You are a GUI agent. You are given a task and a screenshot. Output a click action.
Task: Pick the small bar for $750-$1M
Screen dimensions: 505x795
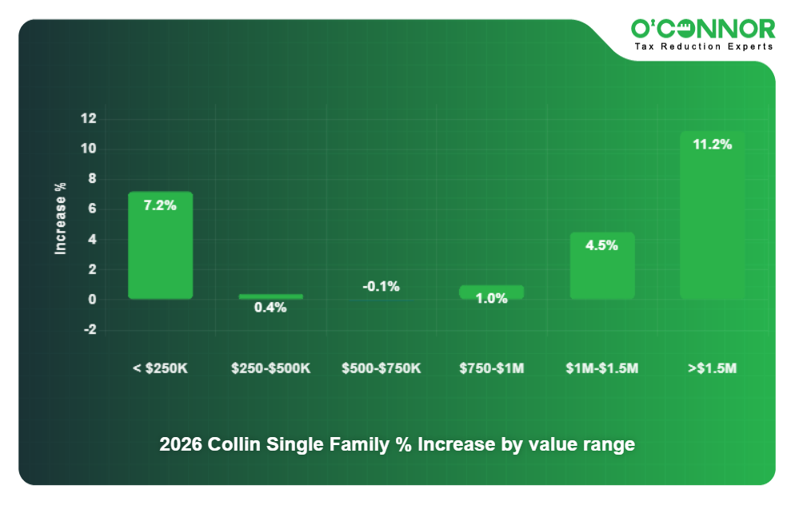click(491, 292)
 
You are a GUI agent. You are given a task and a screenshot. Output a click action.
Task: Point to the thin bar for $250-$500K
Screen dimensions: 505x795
click(270, 296)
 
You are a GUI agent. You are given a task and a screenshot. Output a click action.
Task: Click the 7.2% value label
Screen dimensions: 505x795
click(160, 205)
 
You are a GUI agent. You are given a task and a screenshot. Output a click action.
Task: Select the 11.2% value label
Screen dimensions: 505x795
click(712, 145)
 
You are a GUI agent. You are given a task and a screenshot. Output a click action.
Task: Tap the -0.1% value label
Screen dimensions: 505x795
click(381, 286)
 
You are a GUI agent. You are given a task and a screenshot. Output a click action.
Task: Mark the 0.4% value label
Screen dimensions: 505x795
click(270, 308)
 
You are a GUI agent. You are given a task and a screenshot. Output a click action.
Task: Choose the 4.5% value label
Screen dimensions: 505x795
click(601, 246)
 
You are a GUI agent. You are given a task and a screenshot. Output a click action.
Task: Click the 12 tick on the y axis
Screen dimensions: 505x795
click(88, 119)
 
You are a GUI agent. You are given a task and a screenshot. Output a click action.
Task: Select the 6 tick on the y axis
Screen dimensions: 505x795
click(91, 209)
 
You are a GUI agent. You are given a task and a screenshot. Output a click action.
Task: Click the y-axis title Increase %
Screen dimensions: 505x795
click(61, 218)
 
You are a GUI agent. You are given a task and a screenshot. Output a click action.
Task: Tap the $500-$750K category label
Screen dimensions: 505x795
click(381, 368)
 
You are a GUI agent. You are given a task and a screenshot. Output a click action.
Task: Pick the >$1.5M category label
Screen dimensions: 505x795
click(712, 368)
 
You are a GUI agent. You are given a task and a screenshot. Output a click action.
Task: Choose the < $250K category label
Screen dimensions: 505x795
click(160, 368)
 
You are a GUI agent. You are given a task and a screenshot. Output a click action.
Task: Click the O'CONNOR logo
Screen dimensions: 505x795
click(703, 29)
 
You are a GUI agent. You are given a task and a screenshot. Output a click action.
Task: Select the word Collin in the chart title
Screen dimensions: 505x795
click(237, 445)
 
